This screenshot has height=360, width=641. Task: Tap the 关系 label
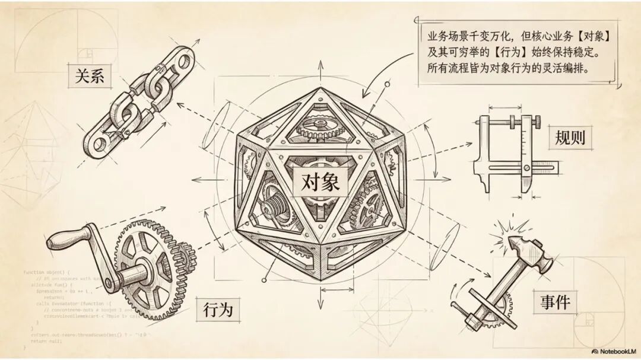coord(90,76)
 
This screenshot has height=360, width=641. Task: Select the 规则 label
coord(570,137)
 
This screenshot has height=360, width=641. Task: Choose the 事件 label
coord(555,302)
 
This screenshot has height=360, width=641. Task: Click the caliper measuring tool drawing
coord(510,148)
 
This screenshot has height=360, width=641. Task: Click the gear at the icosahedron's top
coord(321,126)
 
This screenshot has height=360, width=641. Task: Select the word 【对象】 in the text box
coord(591,36)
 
